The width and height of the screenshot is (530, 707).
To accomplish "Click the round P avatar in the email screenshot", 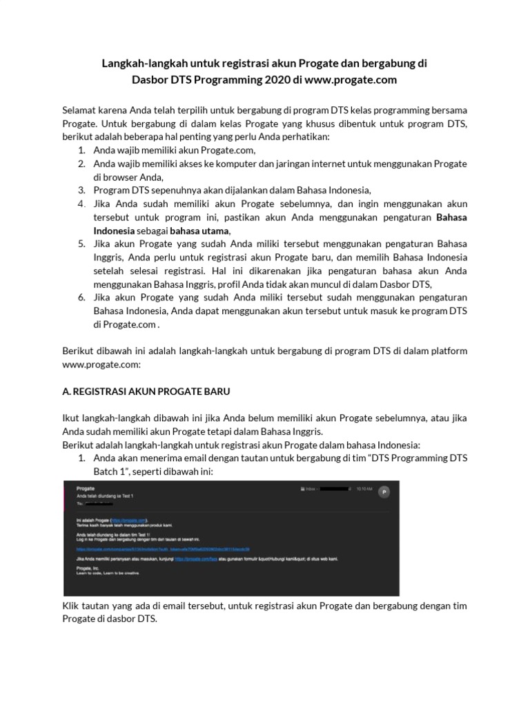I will pos(384,492).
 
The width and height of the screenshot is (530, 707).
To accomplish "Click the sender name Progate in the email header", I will pos(86,487).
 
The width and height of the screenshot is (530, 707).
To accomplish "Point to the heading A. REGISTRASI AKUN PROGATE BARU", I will pos(146,391).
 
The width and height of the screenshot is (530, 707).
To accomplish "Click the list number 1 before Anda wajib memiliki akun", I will pos(81,151).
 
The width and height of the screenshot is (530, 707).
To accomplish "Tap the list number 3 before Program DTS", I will pos(81,190).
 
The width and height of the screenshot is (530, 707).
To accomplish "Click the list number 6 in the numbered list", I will pos(81,298).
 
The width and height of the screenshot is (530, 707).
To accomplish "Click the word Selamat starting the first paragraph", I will pos(80,110).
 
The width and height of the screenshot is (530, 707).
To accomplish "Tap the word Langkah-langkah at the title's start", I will pos(132,64).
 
